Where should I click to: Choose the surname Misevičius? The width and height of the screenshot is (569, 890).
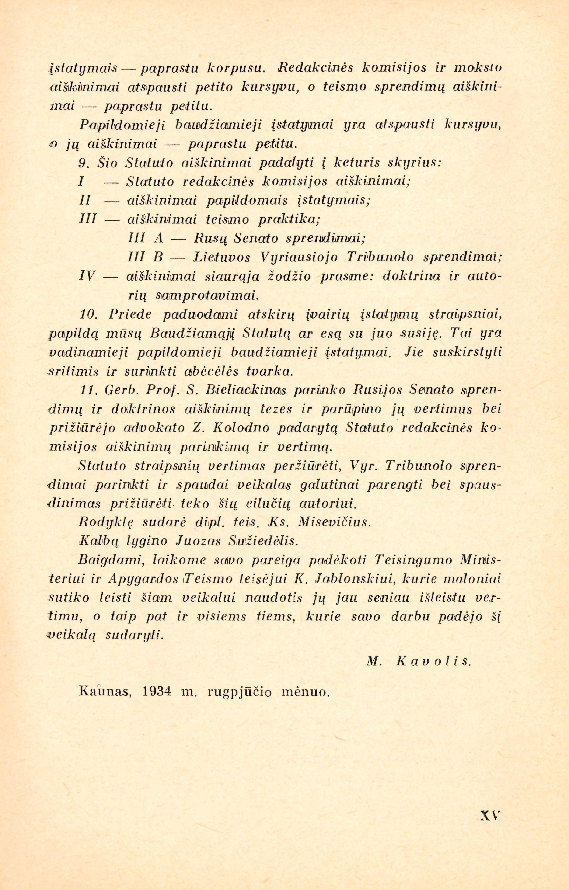(x=333, y=522)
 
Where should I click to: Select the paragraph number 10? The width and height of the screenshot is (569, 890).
(x=88, y=315)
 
